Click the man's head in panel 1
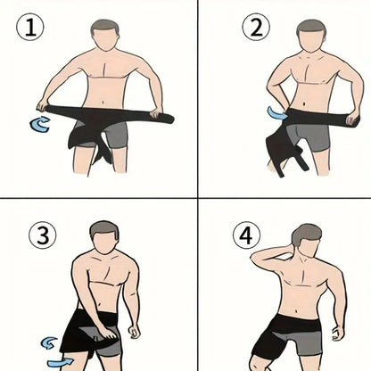(x=104, y=37)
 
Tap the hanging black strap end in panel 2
(x=285, y=157)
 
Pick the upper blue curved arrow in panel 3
(x=51, y=341)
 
